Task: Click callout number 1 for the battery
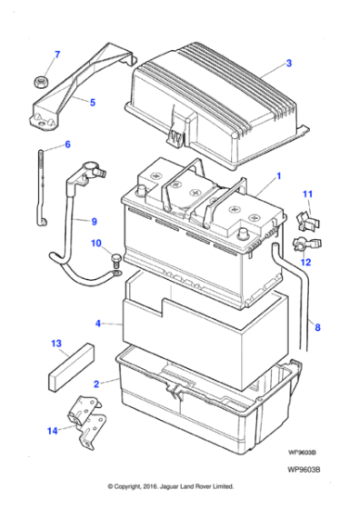coord(278,175)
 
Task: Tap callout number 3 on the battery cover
coord(288,64)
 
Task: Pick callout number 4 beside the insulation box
coord(97,323)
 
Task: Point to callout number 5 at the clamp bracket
coord(92,103)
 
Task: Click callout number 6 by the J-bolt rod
coord(66,145)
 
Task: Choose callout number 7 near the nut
coord(56,55)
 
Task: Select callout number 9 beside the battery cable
coord(92,220)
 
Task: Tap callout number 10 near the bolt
coord(96,243)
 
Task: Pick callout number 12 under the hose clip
coord(305,262)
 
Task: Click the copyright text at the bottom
coord(171,486)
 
